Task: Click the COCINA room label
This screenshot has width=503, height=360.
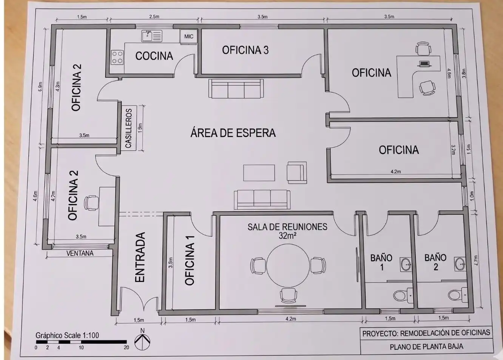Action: click(x=154, y=56)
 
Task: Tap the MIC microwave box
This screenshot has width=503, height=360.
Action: click(x=189, y=36)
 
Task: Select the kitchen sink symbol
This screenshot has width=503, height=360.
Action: click(x=152, y=36)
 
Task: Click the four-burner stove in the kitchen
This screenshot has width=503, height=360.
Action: click(x=117, y=57)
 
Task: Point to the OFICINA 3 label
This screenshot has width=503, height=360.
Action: click(x=245, y=50)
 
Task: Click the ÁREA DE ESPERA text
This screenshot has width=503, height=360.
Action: click(x=233, y=133)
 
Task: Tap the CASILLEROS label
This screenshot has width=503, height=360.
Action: click(x=129, y=128)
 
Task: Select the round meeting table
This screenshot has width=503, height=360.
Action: click(x=288, y=266)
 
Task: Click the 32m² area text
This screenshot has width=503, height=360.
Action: click(x=287, y=236)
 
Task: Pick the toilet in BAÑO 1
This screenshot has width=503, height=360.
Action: click(x=403, y=295)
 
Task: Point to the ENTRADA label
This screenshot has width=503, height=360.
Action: click(x=140, y=257)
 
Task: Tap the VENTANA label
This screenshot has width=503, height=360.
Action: click(x=80, y=253)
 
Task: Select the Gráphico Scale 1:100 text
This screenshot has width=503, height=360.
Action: click(x=67, y=335)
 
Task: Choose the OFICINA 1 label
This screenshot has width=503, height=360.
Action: click(x=190, y=260)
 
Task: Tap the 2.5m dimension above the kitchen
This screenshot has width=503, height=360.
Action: click(x=154, y=17)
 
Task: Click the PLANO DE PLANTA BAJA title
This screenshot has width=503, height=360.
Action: click(x=426, y=347)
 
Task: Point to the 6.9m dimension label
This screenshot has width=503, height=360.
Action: click(x=40, y=87)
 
